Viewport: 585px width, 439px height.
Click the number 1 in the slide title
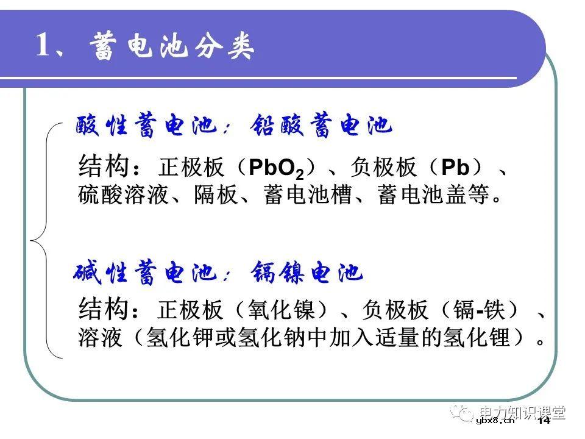pos(43,46)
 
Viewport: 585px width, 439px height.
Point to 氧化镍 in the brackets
pos(283,310)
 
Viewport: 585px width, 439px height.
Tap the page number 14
pos(544,420)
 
